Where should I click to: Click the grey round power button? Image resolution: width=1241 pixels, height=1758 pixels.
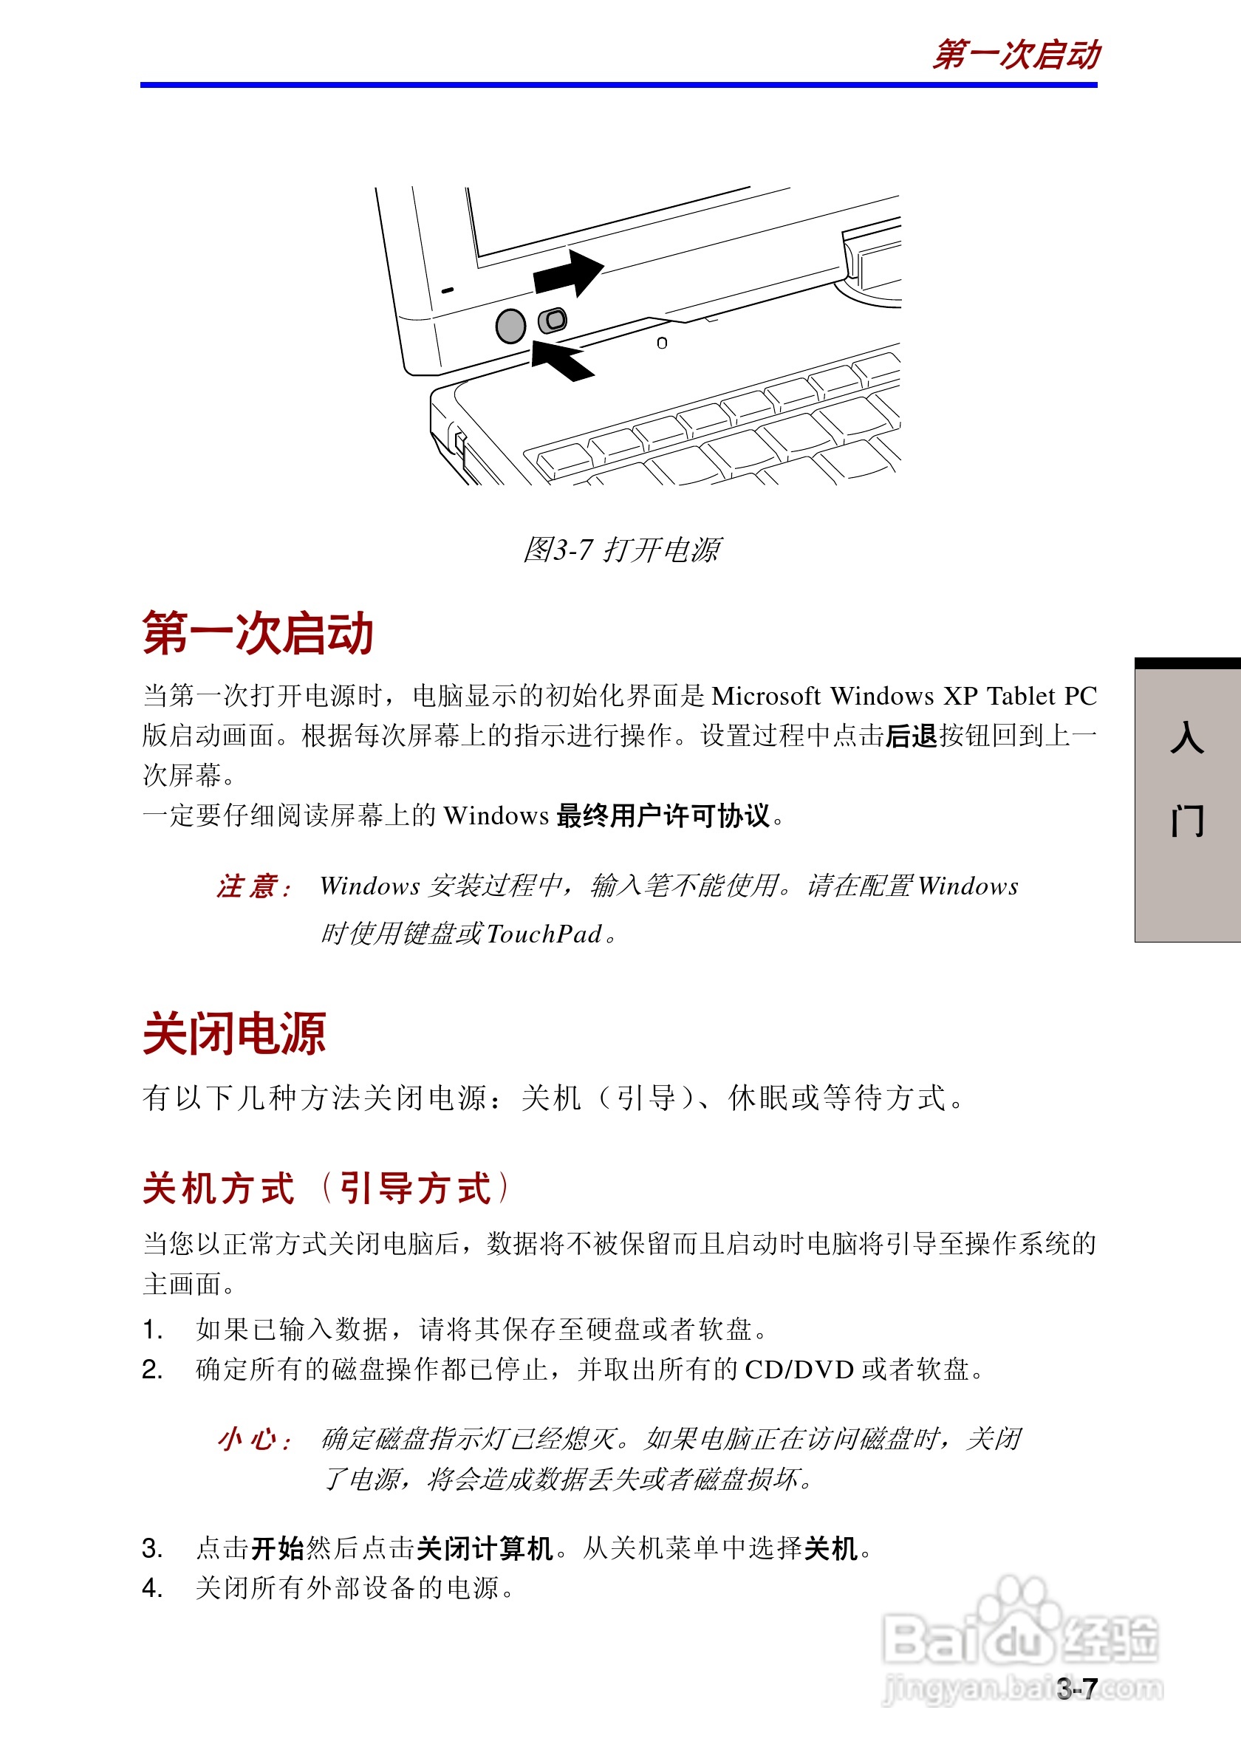[x=510, y=326]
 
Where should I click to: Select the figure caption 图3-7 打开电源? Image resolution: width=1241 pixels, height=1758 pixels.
[x=621, y=550]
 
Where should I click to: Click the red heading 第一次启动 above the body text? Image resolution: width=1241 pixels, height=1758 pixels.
[x=257, y=633]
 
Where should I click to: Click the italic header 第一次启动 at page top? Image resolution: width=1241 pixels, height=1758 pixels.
[x=1015, y=55]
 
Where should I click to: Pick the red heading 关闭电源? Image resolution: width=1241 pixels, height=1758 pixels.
[x=234, y=1033]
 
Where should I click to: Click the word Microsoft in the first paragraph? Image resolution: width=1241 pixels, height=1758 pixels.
[x=765, y=696]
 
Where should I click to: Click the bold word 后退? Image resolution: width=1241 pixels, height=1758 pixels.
[x=911, y=736]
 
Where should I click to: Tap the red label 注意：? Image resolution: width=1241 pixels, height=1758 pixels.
[x=253, y=886]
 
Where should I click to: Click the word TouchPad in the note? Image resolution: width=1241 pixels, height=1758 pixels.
[x=544, y=934]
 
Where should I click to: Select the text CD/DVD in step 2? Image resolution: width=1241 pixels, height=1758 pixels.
[x=799, y=1369]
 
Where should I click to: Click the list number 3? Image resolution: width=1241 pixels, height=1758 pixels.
[x=151, y=1549]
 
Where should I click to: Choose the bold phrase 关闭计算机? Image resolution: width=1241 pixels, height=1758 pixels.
[x=485, y=1549]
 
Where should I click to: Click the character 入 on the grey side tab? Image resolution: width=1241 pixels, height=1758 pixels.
[x=1186, y=737]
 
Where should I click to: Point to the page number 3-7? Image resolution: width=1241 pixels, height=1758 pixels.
[x=1077, y=1689]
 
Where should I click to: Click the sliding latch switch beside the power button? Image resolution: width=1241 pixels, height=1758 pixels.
[x=552, y=320]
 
